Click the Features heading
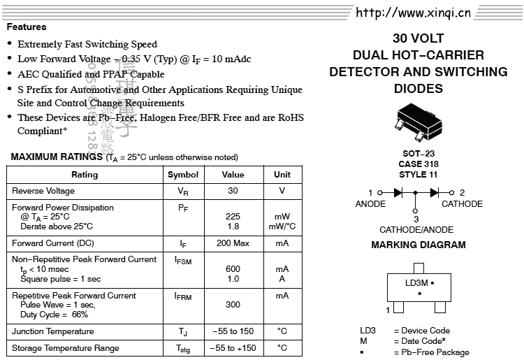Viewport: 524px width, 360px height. click(x=27, y=27)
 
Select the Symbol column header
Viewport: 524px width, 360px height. click(x=183, y=175)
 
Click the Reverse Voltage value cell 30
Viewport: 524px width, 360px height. click(x=233, y=191)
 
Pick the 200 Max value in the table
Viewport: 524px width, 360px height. click(x=233, y=243)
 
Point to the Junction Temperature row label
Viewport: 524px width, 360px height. click(x=53, y=331)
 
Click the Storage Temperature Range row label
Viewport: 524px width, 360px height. click(x=66, y=348)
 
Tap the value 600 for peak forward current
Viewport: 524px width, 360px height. click(x=233, y=269)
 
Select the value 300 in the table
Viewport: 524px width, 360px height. click(x=233, y=305)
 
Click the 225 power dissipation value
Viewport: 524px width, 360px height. click(x=233, y=217)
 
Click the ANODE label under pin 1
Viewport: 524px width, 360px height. click(x=370, y=204)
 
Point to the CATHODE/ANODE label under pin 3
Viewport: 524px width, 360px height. click(x=416, y=229)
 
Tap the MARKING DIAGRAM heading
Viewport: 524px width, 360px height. click(x=419, y=245)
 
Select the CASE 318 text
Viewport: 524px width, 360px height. click(x=419, y=164)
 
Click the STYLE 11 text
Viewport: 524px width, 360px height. click(x=419, y=174)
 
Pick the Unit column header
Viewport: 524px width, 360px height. click(x=282, y=175)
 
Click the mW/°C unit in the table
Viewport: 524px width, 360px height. click(x=282, y=226)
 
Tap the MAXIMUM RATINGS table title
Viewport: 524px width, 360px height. click(x=57, y=157)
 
